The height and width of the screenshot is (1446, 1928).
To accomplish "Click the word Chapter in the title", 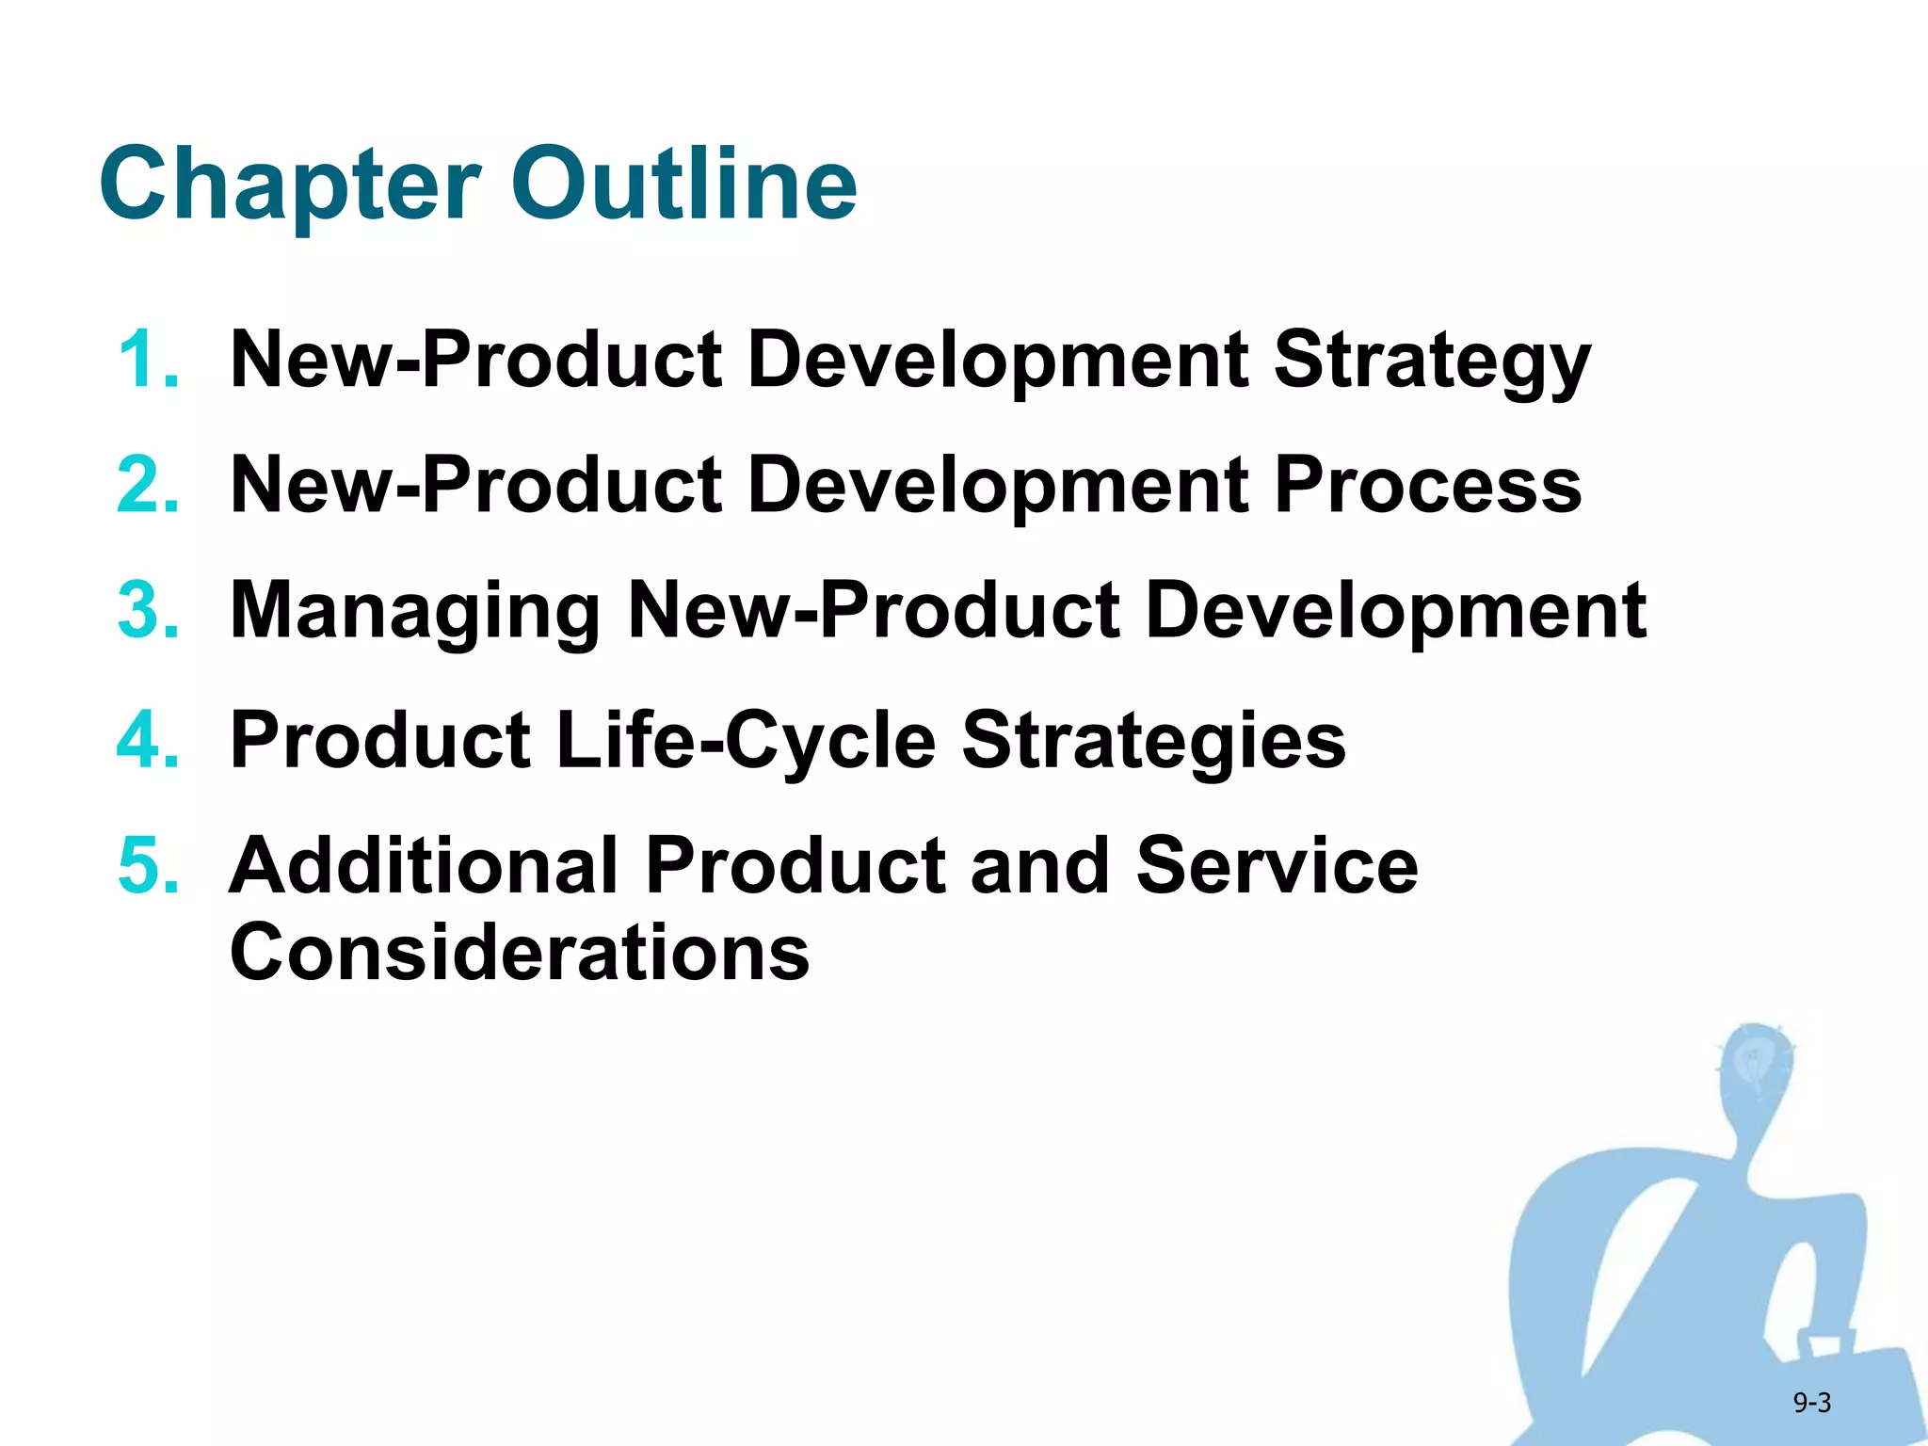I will pos(290,185).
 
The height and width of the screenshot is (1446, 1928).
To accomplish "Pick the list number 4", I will pos(148,739).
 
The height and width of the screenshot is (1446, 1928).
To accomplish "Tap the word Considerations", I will pos(520,952).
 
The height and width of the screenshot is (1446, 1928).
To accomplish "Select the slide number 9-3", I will pos(1811,1403).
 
